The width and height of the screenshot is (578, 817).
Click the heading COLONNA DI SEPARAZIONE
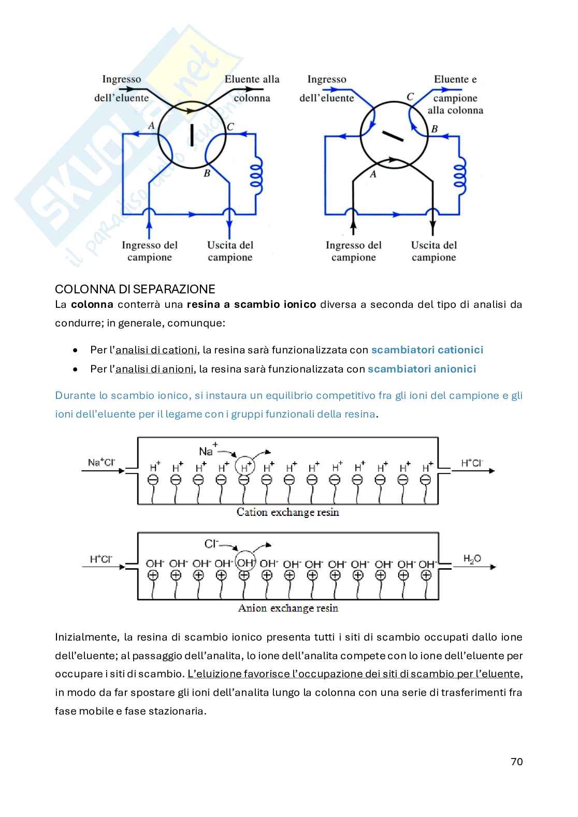tap(135, 289)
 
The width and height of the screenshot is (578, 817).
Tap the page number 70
tap(516, 761)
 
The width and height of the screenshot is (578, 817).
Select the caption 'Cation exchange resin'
tap(287, 512)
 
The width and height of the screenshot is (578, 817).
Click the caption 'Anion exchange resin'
tap(288, 608)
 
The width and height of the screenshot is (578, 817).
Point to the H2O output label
tap(472, 559)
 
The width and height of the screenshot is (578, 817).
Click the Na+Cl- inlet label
tap(102, 462)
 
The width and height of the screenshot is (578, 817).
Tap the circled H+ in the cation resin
tap(245, 467)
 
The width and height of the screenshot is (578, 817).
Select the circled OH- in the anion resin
tap(245, 562)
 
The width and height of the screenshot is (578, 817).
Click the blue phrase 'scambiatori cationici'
tap(427, 350)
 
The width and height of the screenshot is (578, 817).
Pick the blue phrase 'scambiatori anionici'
tap(422, 369)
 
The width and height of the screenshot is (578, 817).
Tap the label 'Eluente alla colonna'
tap(252, 88)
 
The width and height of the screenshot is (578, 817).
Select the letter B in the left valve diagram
tap(206, 173)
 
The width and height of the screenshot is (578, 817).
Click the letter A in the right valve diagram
tap(373, 174)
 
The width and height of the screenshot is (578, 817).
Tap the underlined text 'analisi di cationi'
tap(156, 350)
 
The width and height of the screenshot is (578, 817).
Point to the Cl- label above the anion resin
tap(211, 543)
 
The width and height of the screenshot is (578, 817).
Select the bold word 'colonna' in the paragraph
tap(92, 304)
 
